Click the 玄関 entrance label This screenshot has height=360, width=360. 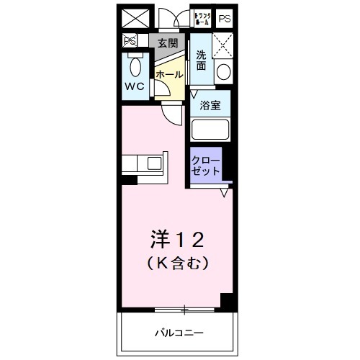(x=167, y=42)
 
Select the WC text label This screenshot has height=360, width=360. (x=135, y=86)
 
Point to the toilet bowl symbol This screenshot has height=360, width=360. (x=135, y=67)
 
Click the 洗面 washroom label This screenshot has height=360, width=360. (x=201, y=61)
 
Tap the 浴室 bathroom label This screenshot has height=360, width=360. (x=211, y=105)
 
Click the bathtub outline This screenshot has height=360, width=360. (x=211, y=130)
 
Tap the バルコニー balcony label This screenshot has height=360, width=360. (x=179, y=333)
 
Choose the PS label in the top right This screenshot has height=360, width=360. (x=225, y=18)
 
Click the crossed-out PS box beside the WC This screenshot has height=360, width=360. (x=130, y=41)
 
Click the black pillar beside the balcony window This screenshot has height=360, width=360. (x=228, y=302)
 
